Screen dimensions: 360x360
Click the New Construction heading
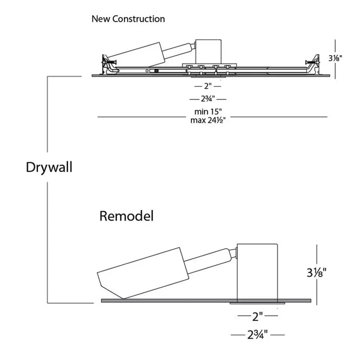[128, 19]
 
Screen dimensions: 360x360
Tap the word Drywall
[49, 167]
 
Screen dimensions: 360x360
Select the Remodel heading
[126, 216]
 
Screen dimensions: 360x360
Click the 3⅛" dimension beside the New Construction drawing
[335, 58]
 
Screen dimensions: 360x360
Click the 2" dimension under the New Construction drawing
[207, 86]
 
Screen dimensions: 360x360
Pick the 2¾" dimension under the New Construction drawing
[208, 99]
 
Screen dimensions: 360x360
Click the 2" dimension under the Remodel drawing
[258, 317]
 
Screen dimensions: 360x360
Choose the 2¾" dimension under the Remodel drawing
[257, 334]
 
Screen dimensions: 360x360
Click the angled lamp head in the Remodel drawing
[141, 272]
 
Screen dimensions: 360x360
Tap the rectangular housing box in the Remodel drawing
[257, 272]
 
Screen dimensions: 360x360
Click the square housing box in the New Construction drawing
[208, 51]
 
